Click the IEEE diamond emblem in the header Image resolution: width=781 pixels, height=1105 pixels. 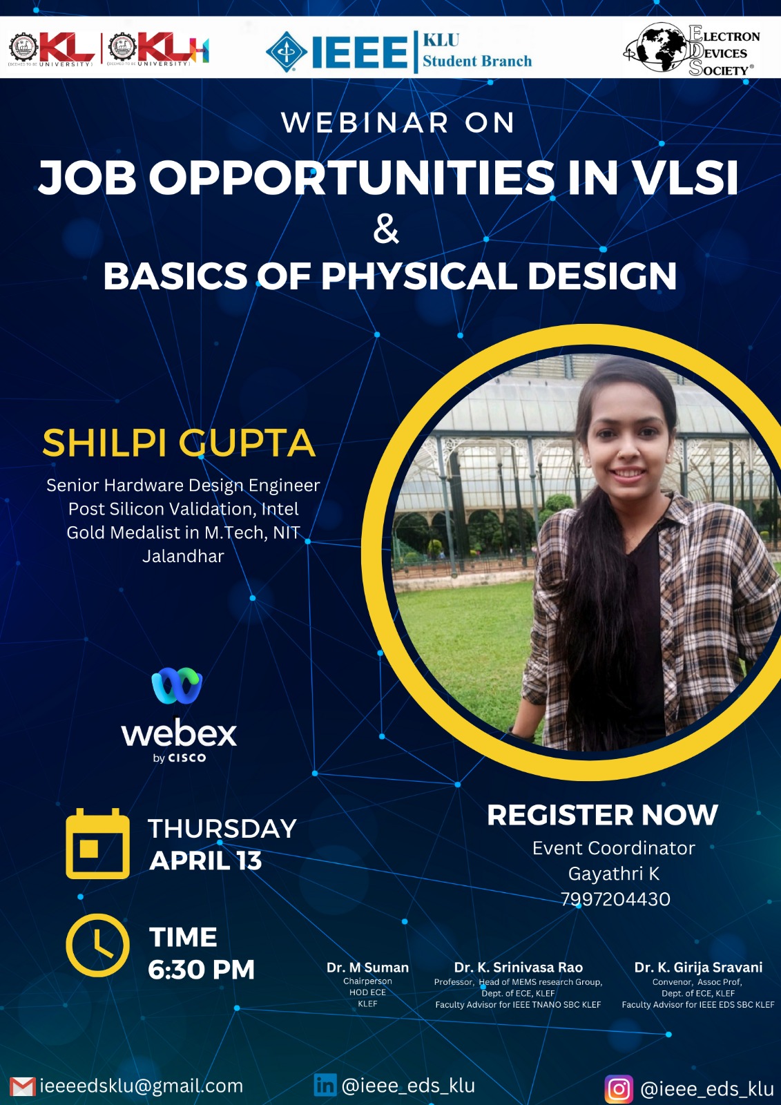(x=287, y=52)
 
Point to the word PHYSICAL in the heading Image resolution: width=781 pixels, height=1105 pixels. (x=419, y=276)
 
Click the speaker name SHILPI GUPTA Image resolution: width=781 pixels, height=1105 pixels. (x=179, y=443)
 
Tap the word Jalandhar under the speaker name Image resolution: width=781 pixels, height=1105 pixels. (x=183, y=556)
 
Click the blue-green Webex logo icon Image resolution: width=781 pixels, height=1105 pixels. (x=177, y=685)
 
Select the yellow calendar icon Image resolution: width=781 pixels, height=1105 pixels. (x=97, y=843)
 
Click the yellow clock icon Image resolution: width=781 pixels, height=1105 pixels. (x=97, y=945)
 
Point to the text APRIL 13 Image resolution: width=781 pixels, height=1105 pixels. (x=205, y=861)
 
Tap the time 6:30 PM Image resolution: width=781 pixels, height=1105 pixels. (x=202, y=970)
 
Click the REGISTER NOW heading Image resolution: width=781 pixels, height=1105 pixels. (x=602, y=815)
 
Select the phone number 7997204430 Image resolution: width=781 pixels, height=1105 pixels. (x=615, y=899)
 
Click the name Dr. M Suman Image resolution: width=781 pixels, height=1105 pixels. (x=367, y=968)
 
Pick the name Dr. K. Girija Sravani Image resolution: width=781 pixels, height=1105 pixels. (x=698, y=968)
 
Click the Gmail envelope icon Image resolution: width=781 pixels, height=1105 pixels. (x=23, y=1087)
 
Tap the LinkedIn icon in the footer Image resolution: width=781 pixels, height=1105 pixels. (x=325, y=1085)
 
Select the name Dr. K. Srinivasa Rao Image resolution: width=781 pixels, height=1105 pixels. (x=518, y=968)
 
